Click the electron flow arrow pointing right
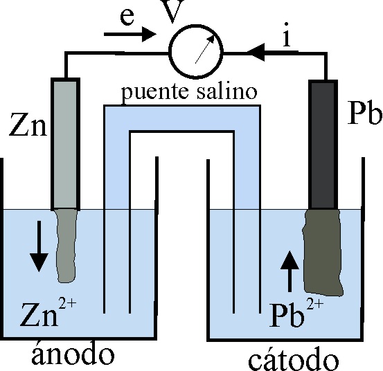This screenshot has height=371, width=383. [130, 34]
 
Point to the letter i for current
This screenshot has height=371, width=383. [287, 34]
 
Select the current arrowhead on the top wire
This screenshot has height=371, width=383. [256, 52]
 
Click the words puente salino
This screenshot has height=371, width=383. [189, 92]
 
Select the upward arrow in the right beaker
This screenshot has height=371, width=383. [290, 271]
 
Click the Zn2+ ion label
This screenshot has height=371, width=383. [48, 314]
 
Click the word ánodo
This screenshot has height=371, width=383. [73, 354]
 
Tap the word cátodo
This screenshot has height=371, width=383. [294, 358]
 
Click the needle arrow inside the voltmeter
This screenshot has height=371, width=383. [205, 49]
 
